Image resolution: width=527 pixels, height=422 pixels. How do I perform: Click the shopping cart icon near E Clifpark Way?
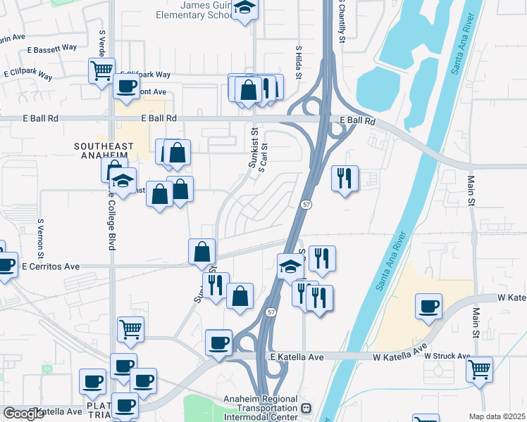click(x=101, y=70)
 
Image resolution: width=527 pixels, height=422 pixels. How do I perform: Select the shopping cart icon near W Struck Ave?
click(x=479, y=368)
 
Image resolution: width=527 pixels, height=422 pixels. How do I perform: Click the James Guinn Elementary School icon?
click(x=245, y=8)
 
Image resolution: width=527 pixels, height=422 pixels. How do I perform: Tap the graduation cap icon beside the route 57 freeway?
click(x=290, y=266)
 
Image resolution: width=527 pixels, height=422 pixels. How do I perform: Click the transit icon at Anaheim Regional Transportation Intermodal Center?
click(x=306, y=409)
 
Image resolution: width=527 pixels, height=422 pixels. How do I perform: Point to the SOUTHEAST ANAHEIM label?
click(x=104, y=146)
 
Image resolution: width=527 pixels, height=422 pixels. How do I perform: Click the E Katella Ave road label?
click(x=297, y=357)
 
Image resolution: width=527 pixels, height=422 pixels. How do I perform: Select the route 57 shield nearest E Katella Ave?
click(x=271, y=311)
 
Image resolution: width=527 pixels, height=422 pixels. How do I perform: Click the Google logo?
click(x=23, y=414)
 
